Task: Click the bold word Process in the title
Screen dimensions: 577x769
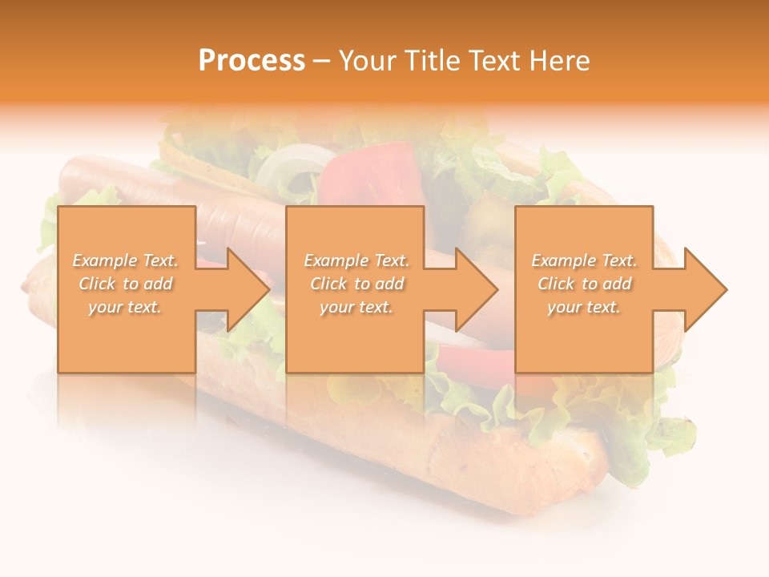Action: pyautogui.click(x=252, y=60)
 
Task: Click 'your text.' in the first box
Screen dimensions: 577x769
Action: pyautogui.click(x=125, y=307)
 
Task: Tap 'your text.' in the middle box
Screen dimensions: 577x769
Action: pyautogui.click(x=356, y=307)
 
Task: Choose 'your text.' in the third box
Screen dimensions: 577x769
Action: pyautogui.click(x=583, y=307)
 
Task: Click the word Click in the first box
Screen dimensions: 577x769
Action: pyautogui.click(x=98, y=284)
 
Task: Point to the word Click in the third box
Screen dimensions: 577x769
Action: pyautogui.click(x=557, y=284)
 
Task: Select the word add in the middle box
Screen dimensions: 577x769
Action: pyautogui.click(x=389, y=284)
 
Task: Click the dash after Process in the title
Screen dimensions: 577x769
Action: pyautogui.click(x=321, y=61)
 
